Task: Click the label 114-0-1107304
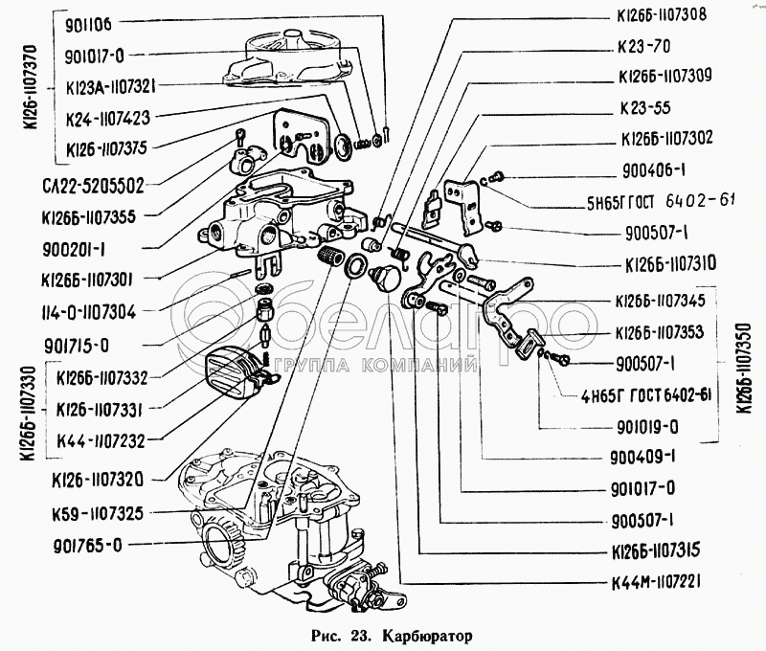click(x=97, y=310)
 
